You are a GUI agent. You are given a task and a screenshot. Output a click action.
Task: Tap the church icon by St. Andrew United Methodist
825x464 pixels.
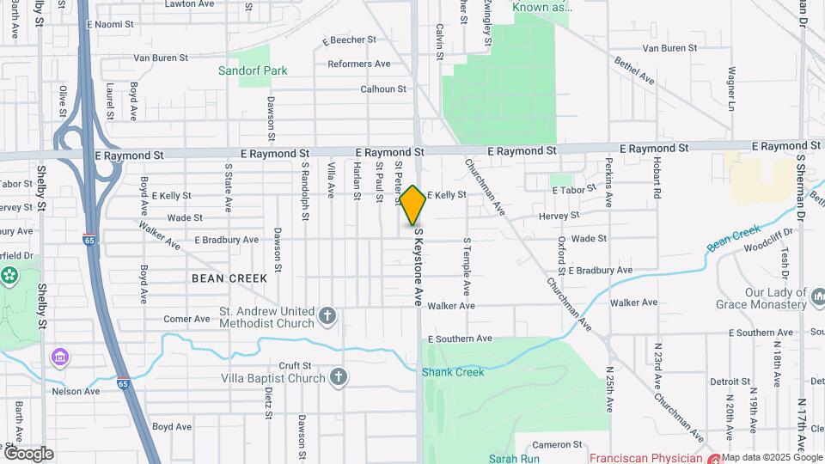point(327,317)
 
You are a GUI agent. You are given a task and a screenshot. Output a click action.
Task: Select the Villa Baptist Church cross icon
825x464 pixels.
point(339,376)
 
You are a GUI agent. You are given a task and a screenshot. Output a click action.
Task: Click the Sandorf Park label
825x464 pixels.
point(253,70)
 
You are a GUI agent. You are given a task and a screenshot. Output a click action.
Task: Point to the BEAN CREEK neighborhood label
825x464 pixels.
point(229,278)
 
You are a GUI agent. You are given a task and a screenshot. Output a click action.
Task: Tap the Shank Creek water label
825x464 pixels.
point(453,372)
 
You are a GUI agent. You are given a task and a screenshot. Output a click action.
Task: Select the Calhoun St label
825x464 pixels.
point(383,89)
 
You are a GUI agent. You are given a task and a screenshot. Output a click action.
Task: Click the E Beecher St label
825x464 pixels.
point(349,40)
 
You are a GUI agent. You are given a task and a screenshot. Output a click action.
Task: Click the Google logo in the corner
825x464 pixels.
point(28,453)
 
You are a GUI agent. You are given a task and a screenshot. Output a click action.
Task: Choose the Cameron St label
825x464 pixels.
point(558,444)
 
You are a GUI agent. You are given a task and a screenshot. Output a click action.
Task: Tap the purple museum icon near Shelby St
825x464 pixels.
point(60,357)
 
